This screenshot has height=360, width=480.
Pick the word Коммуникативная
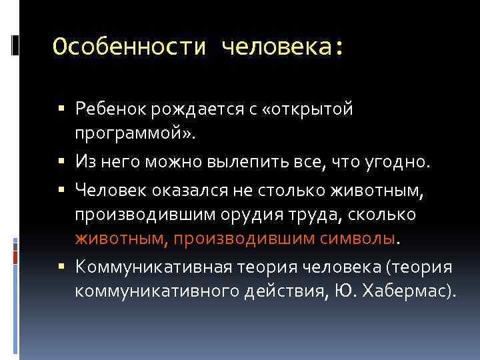153,267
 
